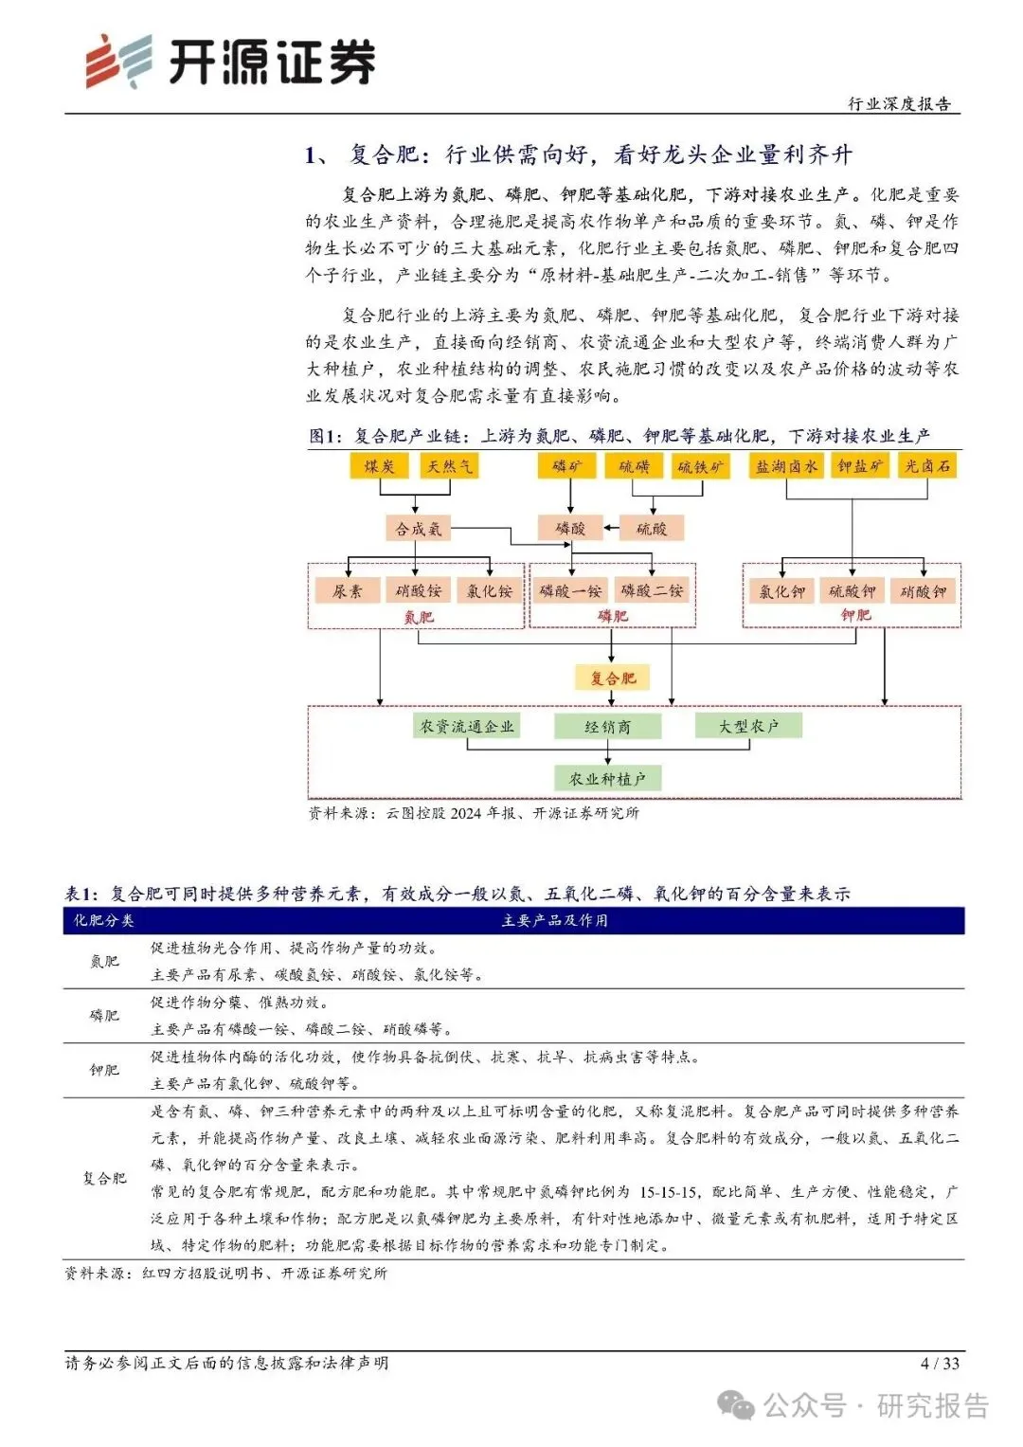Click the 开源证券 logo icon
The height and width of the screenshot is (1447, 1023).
[x=118, y=62]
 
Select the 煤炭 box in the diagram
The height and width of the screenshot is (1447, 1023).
[x=379, y=465]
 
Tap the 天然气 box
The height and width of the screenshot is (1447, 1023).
[x=449, y=465]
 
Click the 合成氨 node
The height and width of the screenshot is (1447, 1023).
[x=418, y=529]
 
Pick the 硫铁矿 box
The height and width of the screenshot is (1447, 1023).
[x=701, y=466]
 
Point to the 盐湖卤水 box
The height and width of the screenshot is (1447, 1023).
[x=786, y=465]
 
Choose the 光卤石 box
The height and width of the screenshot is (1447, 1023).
[x=927, y=465]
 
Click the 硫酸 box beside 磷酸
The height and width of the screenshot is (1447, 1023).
[x=651, y=529]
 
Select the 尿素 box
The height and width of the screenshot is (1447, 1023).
[x=347, y=591]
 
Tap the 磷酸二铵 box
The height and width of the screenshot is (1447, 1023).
[x=652, y=590]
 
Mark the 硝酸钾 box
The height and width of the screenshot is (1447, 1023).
[x=924, y=591]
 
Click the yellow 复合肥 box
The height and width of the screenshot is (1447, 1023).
[x=613, y=678]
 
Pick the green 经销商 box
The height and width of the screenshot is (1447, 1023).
[x=607, y=727]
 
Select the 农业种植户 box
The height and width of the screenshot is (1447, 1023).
[x=607, y=779]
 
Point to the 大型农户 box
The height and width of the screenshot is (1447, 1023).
[x=748, y=726]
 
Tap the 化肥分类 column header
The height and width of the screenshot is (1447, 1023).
[x=104, y=920]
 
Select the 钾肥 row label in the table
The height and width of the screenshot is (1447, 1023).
[x=104, y=1070]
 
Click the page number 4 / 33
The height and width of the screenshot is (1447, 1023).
[x=940, y=1364]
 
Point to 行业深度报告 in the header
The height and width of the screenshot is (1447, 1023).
[x=899, y=104]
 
